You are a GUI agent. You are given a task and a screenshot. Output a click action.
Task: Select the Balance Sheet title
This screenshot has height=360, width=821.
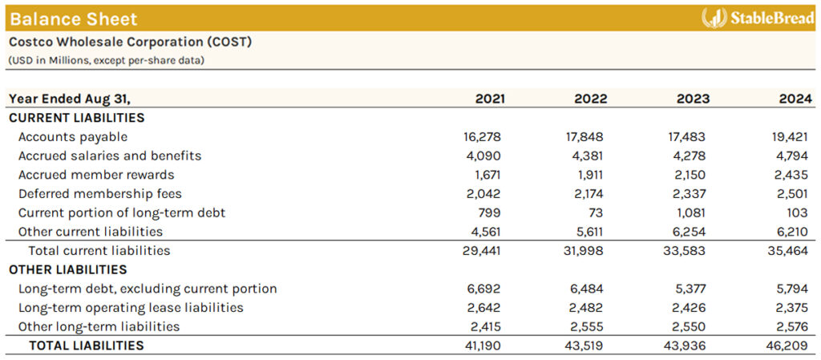point(74,18)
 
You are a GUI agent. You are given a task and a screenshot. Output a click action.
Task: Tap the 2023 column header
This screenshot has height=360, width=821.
point(693,99)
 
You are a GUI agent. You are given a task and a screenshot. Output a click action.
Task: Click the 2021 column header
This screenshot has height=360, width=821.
point(490,99)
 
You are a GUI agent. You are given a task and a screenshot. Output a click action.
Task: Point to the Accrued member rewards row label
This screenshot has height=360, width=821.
point(96,175)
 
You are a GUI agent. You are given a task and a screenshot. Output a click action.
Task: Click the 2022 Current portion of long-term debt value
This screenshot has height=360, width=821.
point(598,212)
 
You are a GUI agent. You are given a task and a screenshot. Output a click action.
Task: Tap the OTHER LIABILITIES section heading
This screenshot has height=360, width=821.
point(68,269)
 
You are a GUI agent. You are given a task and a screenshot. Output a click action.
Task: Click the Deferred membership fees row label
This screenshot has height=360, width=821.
point(100,193)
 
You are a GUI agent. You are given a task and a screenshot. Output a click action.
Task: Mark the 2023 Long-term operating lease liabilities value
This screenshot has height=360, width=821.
point(692,307)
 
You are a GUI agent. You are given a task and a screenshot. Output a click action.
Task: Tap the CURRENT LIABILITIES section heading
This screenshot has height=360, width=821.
point(76,118)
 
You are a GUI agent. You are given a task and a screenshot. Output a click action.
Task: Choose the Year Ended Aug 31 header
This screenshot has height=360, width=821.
point(70,99)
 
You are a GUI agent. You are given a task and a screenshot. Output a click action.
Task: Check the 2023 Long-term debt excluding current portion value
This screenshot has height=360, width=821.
point(692,289)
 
